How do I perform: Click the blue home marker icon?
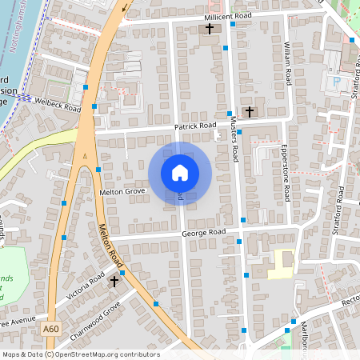[179, 173]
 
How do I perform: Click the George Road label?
[204, 233]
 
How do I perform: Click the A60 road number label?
[51, 328]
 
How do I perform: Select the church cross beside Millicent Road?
[210, 30]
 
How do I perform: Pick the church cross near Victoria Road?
[114, 281]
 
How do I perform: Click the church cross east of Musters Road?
[249, 111]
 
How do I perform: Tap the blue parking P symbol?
[337, 81]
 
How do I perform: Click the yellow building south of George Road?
[282, 262]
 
